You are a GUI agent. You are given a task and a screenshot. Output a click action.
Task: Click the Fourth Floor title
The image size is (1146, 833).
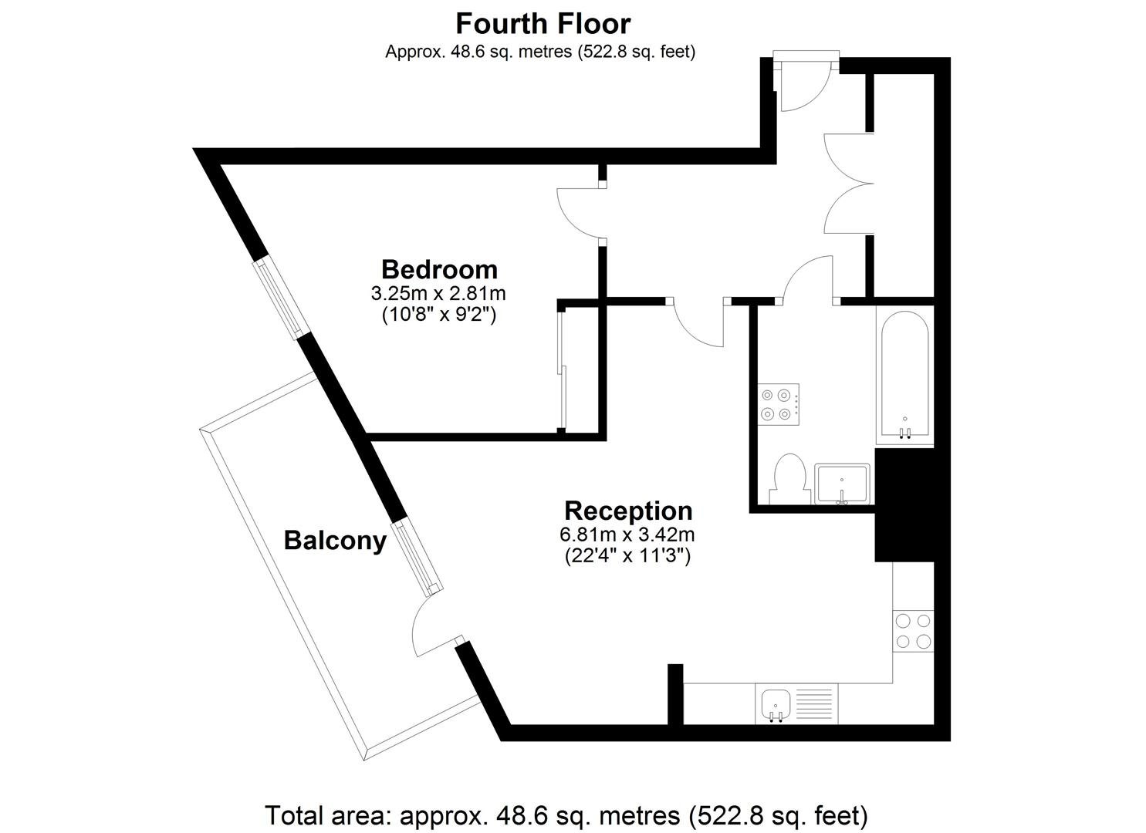(x=543, y=24)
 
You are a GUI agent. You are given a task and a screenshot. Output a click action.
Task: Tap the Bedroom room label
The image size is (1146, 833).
(x=439, y=269)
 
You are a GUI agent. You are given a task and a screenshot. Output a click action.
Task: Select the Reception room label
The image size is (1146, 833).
(x=628, y=511)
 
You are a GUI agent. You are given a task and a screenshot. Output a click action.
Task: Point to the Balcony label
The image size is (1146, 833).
(x=335, y=541)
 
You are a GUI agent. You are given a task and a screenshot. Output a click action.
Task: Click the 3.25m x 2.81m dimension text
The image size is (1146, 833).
(x=438, y=294)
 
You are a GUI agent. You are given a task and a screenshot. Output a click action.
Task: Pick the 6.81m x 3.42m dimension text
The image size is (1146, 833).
(x=627, y=535)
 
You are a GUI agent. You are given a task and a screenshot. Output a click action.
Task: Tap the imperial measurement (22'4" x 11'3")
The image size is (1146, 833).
(x=627, y=556)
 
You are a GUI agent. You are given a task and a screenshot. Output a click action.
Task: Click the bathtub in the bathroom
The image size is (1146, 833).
(x=904, y=374)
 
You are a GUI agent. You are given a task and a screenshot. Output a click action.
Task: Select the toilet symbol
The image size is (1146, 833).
(x=790, y=479)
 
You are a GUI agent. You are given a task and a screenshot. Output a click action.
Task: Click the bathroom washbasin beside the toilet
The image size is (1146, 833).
(x=842, y=484)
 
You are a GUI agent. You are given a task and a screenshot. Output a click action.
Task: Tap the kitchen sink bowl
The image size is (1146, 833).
(x=776, y=705)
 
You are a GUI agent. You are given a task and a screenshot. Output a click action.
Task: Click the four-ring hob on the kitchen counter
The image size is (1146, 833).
(x=913, y=630)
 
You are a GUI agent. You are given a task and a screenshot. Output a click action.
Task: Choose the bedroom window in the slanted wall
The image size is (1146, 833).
(x=283, y=298)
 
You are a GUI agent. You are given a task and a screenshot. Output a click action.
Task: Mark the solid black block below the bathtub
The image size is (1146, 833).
(x=904, y=505)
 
